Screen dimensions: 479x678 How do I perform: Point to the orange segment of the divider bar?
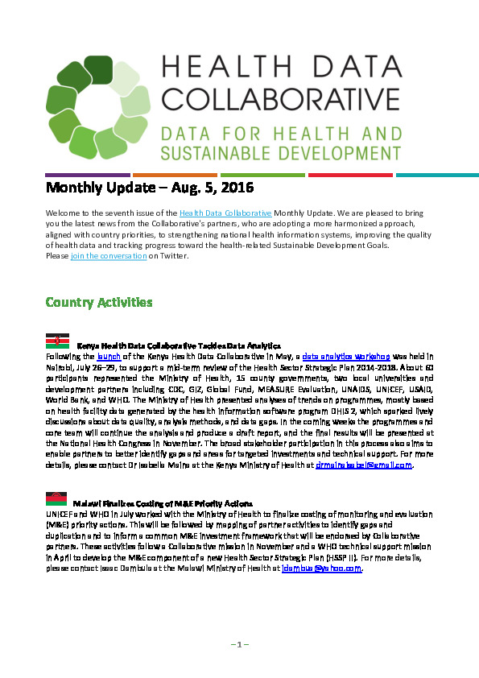[174, 175]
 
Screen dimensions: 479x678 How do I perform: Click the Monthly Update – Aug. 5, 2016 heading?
[149, 189]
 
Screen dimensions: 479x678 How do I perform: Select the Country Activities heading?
[99, 303]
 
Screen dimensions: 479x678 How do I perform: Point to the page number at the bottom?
[240, 644]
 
